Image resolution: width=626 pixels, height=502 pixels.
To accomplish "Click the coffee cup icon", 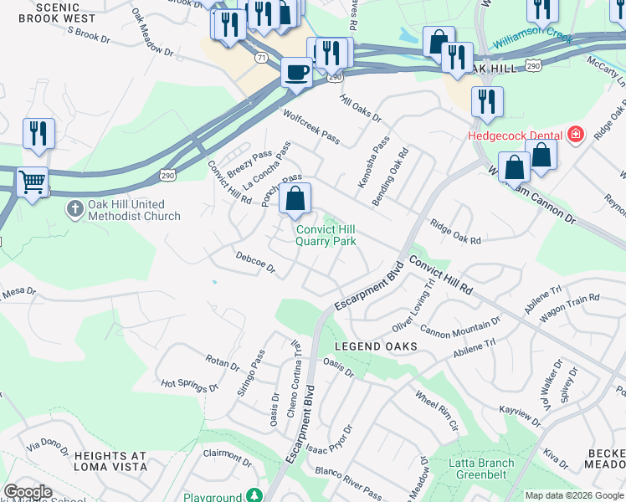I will click(x=295, y=73).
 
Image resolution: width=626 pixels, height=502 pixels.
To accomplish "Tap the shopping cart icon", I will click(x=33, y=181).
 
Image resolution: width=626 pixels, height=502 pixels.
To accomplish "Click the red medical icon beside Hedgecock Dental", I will click(x=575, y=134).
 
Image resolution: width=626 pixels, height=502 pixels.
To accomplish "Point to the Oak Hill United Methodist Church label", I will click(x=127, y=210).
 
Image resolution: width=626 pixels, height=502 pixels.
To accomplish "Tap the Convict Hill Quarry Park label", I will click(x=326, y=235).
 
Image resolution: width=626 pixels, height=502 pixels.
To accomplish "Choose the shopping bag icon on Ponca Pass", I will click(x=295, y=200).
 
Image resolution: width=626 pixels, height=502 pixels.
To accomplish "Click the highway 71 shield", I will click(x=263, y=57).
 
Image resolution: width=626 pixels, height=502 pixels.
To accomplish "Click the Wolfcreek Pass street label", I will click(x=311, y=126).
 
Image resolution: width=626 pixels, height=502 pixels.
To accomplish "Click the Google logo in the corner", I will click(x=27, y=492).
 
